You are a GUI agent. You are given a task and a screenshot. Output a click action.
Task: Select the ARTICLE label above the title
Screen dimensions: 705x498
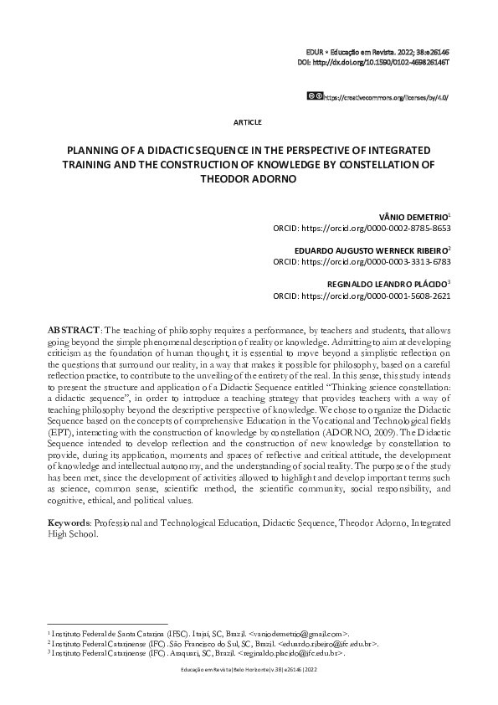[x=248, y=122]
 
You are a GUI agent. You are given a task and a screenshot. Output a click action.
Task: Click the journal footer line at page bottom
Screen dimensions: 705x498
[x=249, y=671]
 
